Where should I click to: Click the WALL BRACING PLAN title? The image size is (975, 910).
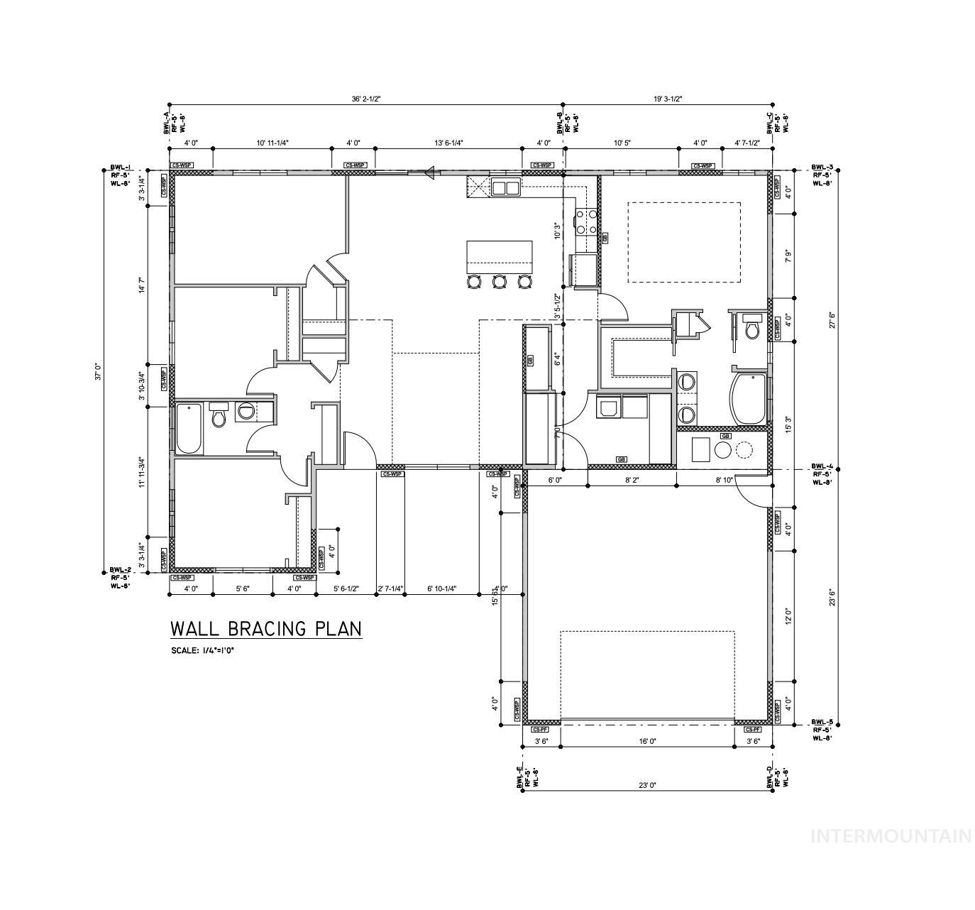click(x=265, y=629)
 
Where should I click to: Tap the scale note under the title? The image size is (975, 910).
click(x=202, y=650)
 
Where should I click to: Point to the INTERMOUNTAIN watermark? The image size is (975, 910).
click(x=891, y=835)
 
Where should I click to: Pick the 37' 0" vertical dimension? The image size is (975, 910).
click(x=99, y=371)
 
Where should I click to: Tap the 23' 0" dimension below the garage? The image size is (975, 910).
click(x=646, y=785)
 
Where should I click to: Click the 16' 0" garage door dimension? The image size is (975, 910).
click(x=646, y=741)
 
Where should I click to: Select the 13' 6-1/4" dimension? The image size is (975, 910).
click(x=448, y=143)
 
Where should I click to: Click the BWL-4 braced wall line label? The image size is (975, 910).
click(x=822, y=474)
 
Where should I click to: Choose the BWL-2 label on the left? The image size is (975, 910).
click(x=120, y=578)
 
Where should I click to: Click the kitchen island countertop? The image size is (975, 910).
click(x=499, y=256)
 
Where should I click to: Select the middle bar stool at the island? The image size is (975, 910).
click(x=499, y=282)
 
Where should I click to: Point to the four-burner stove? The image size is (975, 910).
click(x=585, y=221)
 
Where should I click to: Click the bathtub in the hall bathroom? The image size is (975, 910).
click(x=188, y=428)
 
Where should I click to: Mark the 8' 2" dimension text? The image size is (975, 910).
click(x=631, y=481)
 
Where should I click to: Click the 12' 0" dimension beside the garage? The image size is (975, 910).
click(x=787, y=614)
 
